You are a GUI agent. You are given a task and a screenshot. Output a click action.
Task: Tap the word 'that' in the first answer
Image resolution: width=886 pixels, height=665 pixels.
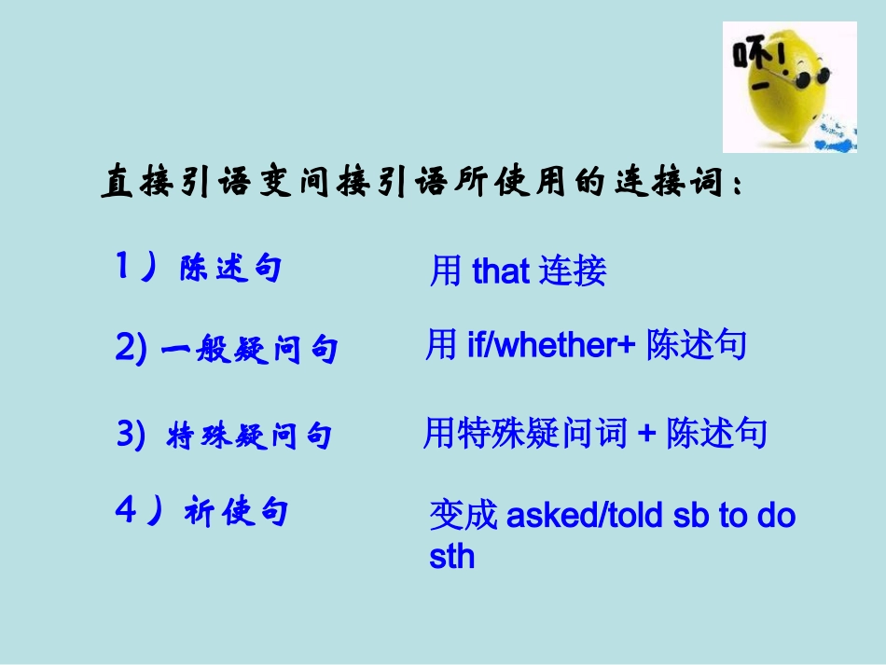tap(501, 271)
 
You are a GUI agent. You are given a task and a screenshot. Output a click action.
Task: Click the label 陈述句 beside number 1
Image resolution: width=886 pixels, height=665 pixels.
tap(230, 270)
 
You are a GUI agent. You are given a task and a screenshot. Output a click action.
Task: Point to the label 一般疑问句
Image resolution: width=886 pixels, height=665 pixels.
tap(250, 351)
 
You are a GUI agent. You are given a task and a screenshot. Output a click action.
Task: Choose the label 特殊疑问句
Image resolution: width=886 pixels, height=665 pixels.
tap(249, 436)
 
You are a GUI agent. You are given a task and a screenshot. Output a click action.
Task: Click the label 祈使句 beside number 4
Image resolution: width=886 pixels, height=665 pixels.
tap(236, 512)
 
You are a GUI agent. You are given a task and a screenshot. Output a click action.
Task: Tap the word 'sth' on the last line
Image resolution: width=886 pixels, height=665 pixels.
tap(451, 557)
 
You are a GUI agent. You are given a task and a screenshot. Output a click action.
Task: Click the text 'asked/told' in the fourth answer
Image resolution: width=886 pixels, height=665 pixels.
tap(584, 516)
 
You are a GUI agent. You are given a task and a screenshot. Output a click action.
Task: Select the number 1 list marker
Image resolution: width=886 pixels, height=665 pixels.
tap(123, 267)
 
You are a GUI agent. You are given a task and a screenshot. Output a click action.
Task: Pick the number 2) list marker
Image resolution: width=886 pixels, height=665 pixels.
tap(132, 349)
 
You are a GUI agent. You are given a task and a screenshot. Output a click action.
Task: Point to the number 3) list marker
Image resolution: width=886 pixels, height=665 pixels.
tap(132, 435)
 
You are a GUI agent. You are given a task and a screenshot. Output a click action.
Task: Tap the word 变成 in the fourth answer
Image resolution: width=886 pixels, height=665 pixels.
tap(464, 516)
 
